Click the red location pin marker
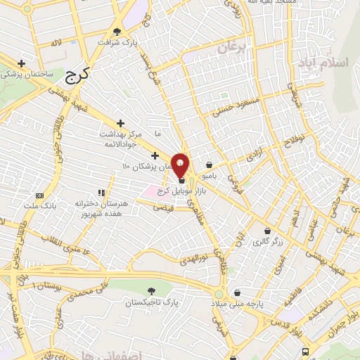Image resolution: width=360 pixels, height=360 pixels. [x=180, y=164]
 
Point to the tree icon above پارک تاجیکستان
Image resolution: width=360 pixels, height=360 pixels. [x=150, y=290]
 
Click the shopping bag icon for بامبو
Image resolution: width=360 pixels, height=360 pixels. [x=210, y=165]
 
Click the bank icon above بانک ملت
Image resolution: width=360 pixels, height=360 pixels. [x=39, y=195]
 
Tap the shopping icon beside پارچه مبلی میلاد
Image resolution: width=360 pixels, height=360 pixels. [x=237, y=293]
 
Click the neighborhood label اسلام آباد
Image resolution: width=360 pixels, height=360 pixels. [x=323, y=63]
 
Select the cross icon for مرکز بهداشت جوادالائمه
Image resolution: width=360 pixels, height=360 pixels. [x=121, y=122]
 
